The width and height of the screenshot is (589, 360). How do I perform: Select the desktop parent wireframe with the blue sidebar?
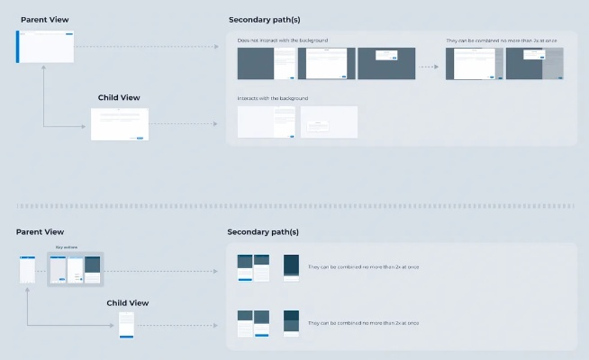[x=45, y=47]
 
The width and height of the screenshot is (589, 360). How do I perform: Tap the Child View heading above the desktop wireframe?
[x=119, y=97]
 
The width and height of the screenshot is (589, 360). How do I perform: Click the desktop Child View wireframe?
[x=120, y=123]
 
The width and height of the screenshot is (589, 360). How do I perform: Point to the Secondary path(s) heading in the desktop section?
[x=263, y=20]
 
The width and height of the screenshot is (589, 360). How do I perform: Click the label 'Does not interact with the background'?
[x=283, y=40]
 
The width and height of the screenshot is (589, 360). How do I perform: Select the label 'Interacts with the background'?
[x=273, y=97]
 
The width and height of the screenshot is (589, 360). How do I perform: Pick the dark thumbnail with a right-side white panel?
[x=267, y=63]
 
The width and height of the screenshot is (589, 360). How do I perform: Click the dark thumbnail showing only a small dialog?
[x=386, y=63]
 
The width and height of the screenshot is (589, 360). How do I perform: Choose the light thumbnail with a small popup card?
[x=329, y=122]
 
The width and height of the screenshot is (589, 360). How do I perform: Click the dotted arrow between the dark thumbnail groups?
[x=430, y=66]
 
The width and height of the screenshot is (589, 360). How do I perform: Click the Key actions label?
[x=67, y=247]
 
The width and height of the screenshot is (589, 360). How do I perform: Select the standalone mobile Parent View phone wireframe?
[x=28, y=269]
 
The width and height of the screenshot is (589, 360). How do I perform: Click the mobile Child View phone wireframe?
[x=127, y=325]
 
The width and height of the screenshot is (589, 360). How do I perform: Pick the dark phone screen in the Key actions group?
[x=92, y=269]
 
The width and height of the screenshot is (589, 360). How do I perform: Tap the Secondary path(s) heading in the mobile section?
[x=263, y=232]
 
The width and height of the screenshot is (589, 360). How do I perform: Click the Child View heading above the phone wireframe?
[x=127, y=303]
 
